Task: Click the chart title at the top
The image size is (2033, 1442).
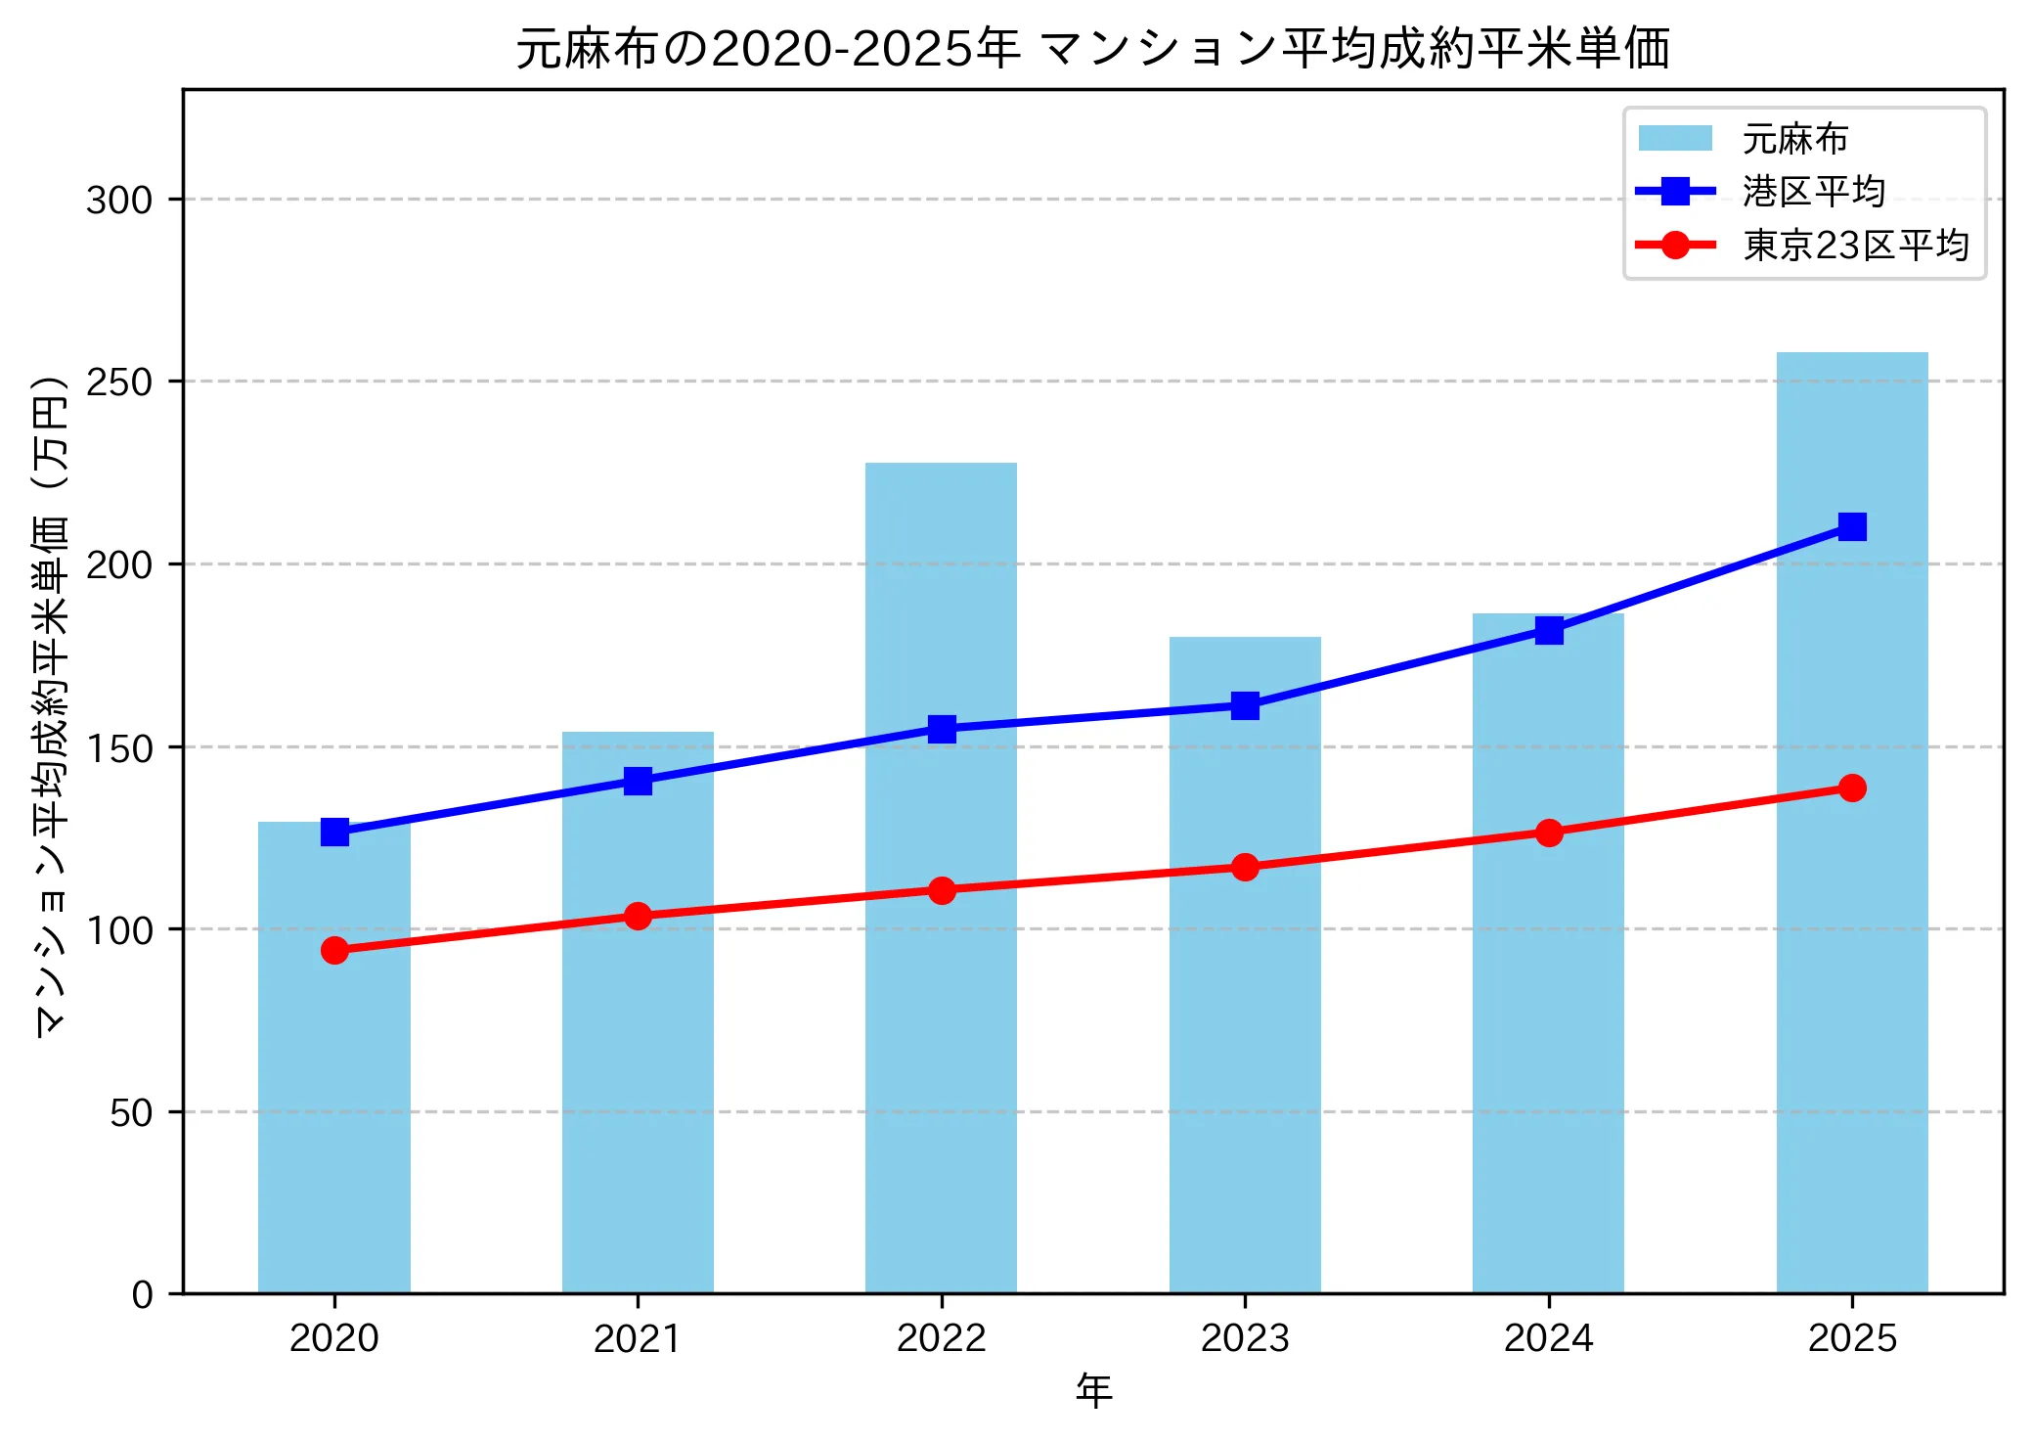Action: click(1092, 49)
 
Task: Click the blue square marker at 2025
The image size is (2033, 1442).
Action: click(1851, 527)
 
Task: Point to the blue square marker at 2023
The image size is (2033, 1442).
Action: click(1245, 705)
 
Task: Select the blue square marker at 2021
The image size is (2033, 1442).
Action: click(638, 781)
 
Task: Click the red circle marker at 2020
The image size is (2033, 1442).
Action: click(334, 950)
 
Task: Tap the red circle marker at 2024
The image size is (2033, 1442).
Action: click(1548, 833)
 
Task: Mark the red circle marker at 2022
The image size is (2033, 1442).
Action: click(941, 890)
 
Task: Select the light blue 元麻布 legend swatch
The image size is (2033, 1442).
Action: click(1675, 139)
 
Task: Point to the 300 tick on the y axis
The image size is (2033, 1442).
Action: click(119, 201)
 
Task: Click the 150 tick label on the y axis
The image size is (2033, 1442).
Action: click(119, 748)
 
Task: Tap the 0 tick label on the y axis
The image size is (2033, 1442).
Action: click(143, 1295)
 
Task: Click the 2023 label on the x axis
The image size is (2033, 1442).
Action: click(1245, 1338)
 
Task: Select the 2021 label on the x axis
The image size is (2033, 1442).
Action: click(638, 1338)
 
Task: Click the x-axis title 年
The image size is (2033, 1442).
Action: click(1093, 1391)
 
